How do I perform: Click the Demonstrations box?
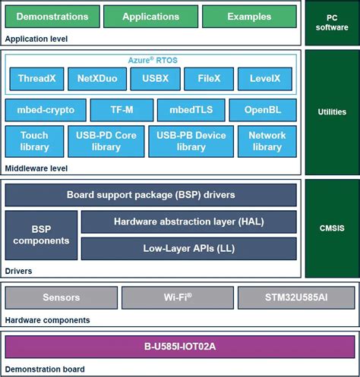[52, 17]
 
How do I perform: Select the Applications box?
[150, 17]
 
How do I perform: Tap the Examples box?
[248, 17]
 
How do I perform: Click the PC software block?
[331, 23]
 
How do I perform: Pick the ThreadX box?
[35, 79]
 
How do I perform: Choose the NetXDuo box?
[96, 79]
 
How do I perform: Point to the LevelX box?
[265, 79]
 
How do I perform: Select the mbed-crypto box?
[46, 110]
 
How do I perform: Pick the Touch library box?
[35, 141]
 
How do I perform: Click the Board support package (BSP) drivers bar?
[150, 195]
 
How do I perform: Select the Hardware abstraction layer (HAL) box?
[188, 222]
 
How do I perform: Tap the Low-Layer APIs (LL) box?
[188, 248]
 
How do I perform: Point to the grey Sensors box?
[61, 297]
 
